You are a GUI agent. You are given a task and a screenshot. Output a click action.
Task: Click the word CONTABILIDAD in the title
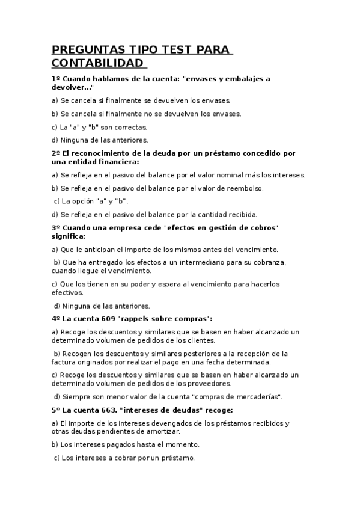98,63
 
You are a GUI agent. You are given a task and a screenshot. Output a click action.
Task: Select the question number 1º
56,79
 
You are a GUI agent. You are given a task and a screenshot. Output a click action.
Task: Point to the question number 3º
56,228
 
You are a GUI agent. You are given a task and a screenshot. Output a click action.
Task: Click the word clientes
203,340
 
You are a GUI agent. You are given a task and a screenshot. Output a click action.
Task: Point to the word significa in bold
69,236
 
